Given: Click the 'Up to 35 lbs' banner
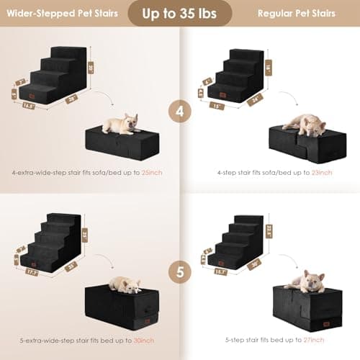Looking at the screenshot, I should pos(180,13).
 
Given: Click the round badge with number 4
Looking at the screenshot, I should pos(180,112).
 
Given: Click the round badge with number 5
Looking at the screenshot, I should pos(180,274).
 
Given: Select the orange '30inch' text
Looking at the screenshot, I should pos(144,340).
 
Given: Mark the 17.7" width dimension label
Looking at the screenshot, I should pos(30,273).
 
